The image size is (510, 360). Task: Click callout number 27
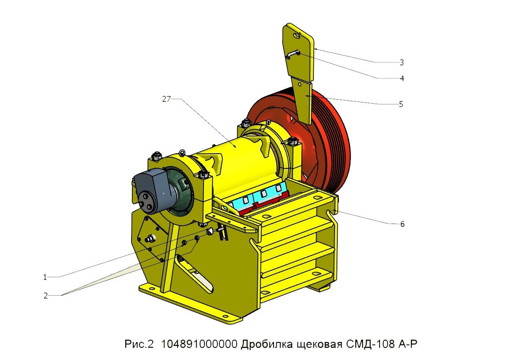click(x=166, y=100)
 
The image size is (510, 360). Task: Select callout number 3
click(x=402, y=62)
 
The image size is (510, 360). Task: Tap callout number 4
click(x=402, y=78)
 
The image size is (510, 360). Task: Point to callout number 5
click(x=401, y=104)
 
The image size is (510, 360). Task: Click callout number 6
click(x=402, y=224)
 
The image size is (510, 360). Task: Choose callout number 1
click(x=45, y=277)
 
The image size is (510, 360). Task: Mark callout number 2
click(x=46, y=296)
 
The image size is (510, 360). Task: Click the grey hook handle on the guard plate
click(x=293, y=54)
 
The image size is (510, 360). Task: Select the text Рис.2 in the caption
click(x=139, y=344)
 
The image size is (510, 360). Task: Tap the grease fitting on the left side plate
click(x=151, y=239)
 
